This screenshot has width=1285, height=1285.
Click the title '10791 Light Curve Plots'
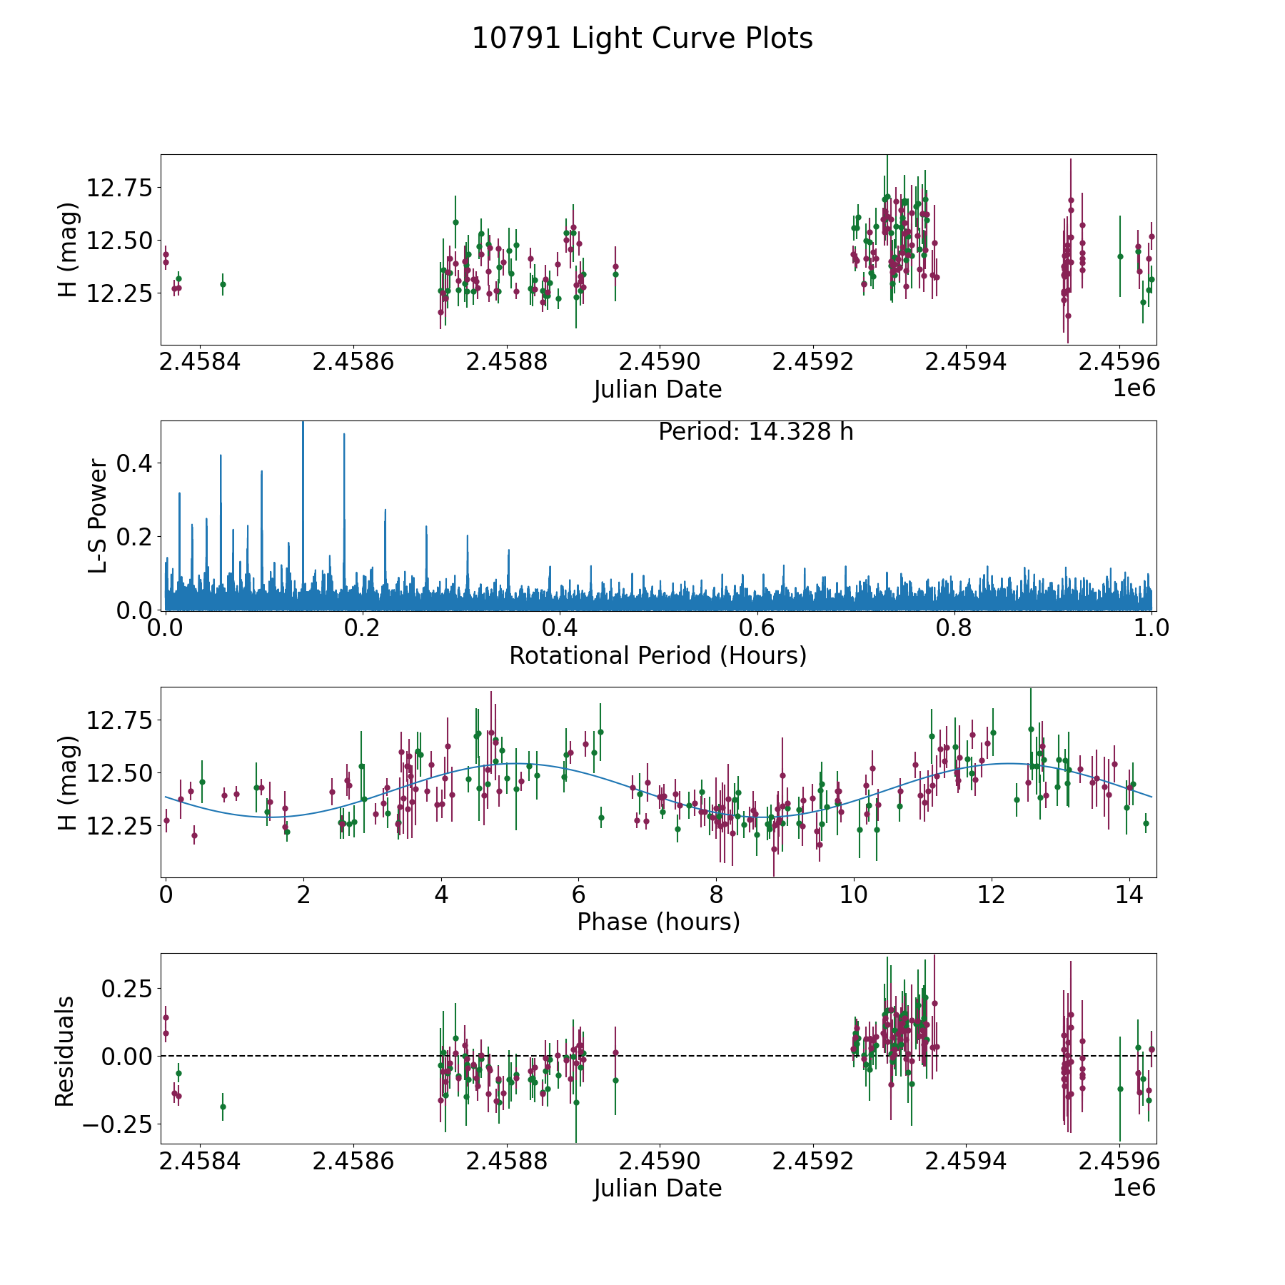(x=642, y=39)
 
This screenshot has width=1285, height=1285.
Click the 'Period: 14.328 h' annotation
(x=755, y=432)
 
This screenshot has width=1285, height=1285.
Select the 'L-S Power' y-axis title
(x=99, y=515)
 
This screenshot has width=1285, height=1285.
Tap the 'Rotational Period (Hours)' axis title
(x=657, y=655)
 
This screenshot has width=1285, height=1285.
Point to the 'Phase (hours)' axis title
(x=658, y=922)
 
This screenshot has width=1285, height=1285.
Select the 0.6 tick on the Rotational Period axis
(x=757, y=629)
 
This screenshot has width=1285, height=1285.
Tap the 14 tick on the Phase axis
(x=1129, y=895)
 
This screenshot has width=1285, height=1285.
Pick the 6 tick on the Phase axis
(x=579, y=895)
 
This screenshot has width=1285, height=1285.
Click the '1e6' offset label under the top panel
(x=1134, y=388)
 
